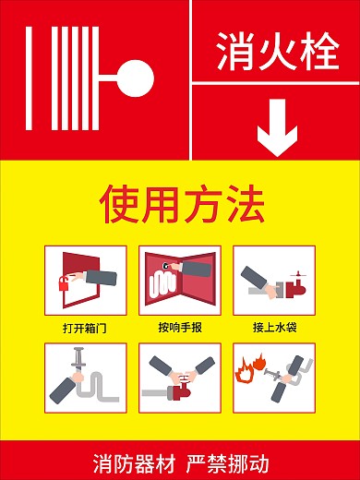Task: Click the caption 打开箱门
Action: (84, 327)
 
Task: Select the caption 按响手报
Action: (179, 327)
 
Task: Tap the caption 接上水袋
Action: (274, 327)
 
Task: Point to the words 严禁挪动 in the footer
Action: (228, 460)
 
